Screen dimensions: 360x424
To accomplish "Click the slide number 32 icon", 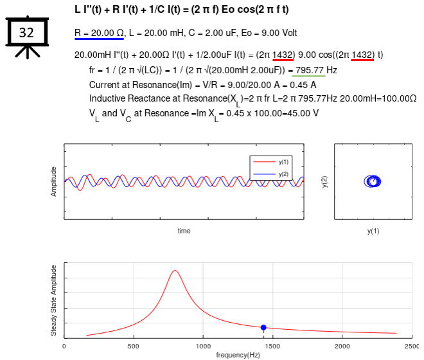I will [x=27, y=33].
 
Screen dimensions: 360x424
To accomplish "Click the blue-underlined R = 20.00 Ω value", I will [x=99, y=33].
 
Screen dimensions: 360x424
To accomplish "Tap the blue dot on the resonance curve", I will [x=263, y=328].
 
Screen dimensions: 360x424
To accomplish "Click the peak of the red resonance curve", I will [x=175, y=271].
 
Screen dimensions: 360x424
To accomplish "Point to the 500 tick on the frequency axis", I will [x=134, y=346].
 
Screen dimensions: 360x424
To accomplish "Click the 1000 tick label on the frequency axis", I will [x=203, y=346].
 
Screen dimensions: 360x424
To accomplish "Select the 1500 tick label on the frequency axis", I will [x=272, y=346].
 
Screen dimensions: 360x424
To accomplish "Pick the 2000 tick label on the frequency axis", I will [x=342, y=346].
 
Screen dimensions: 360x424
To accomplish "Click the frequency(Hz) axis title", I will [x=238, y=355].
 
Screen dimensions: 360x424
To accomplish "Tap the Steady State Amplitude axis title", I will [x=54, y=300].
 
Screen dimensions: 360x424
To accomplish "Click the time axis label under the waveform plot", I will [x=184, y=231].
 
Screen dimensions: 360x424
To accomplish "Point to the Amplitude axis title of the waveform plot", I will [x=54, y=182].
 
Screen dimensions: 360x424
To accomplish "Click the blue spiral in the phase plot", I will [x=373, y=182].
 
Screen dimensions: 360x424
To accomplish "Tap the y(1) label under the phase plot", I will [x=373, y=231].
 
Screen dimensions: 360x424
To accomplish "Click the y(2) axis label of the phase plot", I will [x=325, y=182].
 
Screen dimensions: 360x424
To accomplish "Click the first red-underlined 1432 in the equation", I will [x=283, y=55].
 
